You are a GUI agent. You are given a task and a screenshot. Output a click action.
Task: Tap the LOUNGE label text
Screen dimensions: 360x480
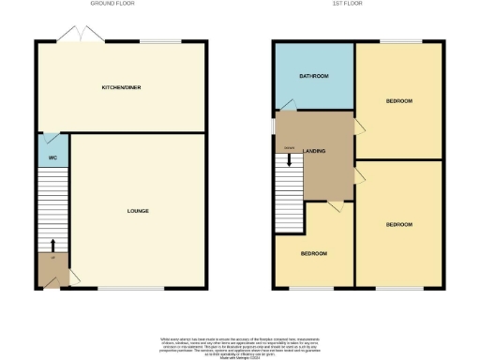pyautogui.click(x=138, y=210)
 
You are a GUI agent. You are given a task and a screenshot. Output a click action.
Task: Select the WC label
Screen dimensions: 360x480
pyautogui.click(x=52, y=157)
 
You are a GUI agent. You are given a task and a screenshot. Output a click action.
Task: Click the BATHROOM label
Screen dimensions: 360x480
pyautogui.click(x=313, y=76)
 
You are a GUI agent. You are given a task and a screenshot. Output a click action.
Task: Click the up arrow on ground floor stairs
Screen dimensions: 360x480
pyautogui.click(x=52, y=247)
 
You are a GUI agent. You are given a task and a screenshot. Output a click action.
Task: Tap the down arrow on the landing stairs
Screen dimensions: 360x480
pyautogui.click(x=289, y=159)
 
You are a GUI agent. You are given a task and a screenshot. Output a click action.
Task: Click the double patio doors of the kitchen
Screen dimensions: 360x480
pyautogui.click(x=71, y=35)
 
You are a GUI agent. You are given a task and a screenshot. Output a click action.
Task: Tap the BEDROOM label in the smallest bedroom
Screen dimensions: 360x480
pyautogui.click(x=313, y=254)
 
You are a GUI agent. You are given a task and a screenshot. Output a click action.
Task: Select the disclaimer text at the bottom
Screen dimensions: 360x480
pyautogui.click(x=239, y=343)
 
